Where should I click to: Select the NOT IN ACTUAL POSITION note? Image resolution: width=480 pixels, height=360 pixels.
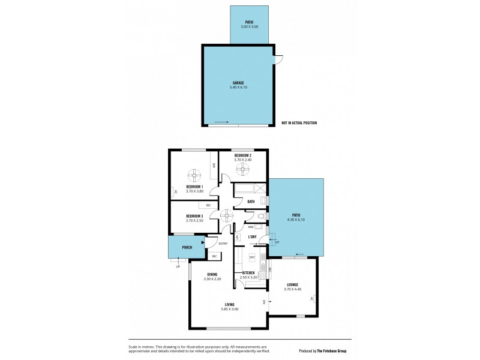point(299,123)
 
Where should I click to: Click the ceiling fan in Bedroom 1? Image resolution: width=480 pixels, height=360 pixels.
point(194,175)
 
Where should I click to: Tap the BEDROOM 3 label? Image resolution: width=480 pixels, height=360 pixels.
point(194,215)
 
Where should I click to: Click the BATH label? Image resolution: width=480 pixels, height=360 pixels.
point(251,202)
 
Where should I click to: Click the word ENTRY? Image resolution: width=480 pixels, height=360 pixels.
point(223,243)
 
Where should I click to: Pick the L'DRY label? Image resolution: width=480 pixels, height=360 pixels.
point(253,237)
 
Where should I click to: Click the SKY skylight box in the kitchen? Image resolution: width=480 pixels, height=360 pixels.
point(253,257)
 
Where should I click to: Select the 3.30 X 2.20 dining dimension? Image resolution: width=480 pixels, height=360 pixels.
point(212,279)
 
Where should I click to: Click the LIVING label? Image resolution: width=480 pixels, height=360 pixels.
point(230,304)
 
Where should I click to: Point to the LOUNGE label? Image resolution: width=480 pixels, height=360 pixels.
point(293,284)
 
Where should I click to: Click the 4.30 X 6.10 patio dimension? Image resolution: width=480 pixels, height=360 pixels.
point(296,220)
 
